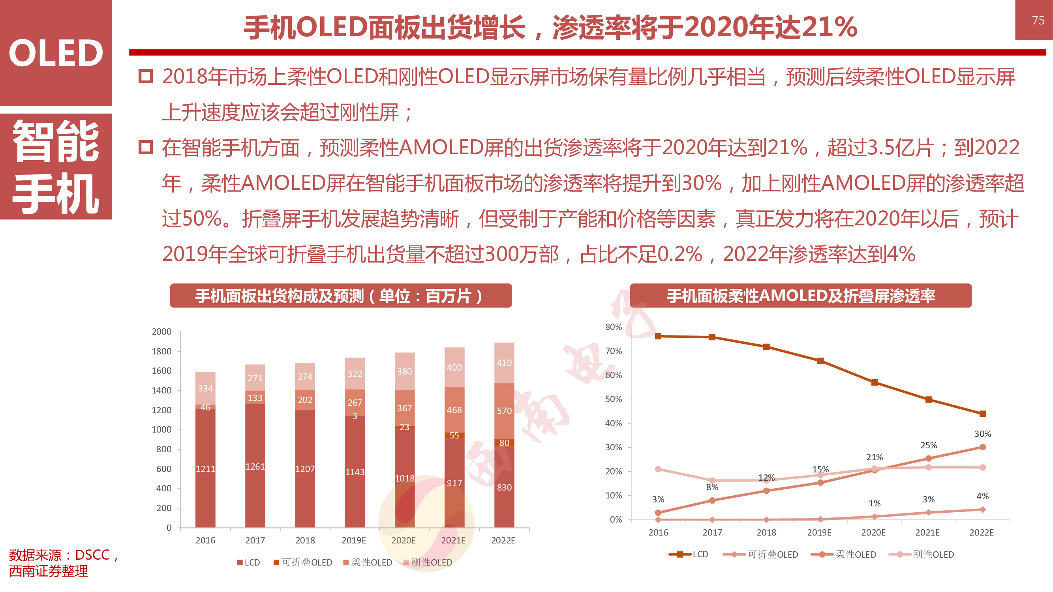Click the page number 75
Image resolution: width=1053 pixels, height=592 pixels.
pyautogui.click(x=1038, y=21)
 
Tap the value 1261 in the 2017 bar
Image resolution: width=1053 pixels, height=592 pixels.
pyautogui.click(x=255, y=466)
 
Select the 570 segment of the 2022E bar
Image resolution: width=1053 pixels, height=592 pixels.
pyautogui.click(x=504, y=410)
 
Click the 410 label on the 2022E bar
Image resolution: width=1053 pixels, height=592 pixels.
pyautogui.click(x=504, y=363)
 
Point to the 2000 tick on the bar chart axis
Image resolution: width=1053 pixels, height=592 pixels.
pyautogui.click(x=161, y=332)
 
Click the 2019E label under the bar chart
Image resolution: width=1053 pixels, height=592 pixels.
pyautogui.click(x=354, y=540)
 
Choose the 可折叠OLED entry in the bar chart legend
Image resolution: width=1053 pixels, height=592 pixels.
pyautogui.click(x=303, y=562)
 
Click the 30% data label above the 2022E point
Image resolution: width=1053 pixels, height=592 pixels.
pyautogui.click(x=982, y=434)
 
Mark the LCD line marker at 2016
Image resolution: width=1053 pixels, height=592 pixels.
pyautogui.click(x=658, y=336)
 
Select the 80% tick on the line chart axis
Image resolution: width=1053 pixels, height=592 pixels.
pyautogui.click(x=613, y=327)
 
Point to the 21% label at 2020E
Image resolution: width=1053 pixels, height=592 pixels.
pyautogui.click(x=875, y=457)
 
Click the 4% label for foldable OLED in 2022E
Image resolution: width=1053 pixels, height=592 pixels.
pyautogui.click(x=982, y=496)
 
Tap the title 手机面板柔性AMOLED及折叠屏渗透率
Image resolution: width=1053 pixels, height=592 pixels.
pyautogui.click(x=800, y=296)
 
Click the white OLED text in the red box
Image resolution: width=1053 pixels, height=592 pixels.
pyautogui.click(x=56, y=53)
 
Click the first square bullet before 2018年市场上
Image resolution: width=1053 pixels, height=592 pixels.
pyautogui.click(x=146, y=77)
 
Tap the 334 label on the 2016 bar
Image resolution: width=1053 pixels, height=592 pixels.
pyautogui.click(x=205, y=388)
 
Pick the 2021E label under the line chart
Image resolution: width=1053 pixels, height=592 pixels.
pyautogui.click(x=927, y=532)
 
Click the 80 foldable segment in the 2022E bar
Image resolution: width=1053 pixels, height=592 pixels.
pyautogui.click(x=504, y=443)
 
